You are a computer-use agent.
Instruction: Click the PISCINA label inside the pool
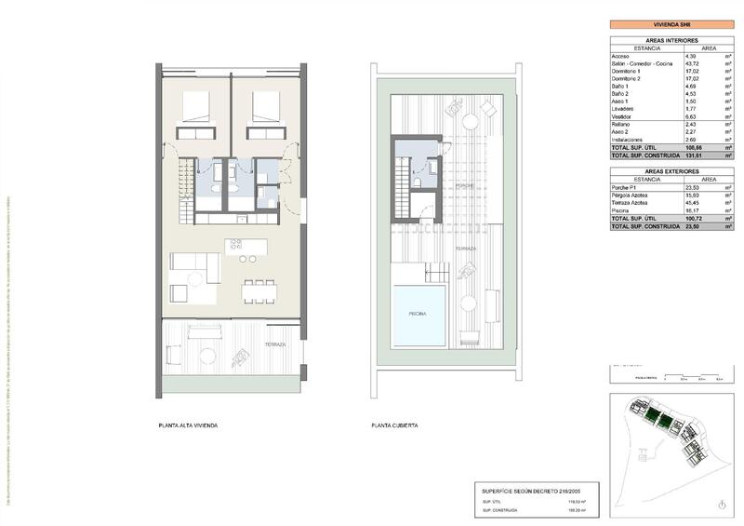(x=418, y=314)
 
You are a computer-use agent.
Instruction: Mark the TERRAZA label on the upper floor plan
(x=275, y=344)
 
